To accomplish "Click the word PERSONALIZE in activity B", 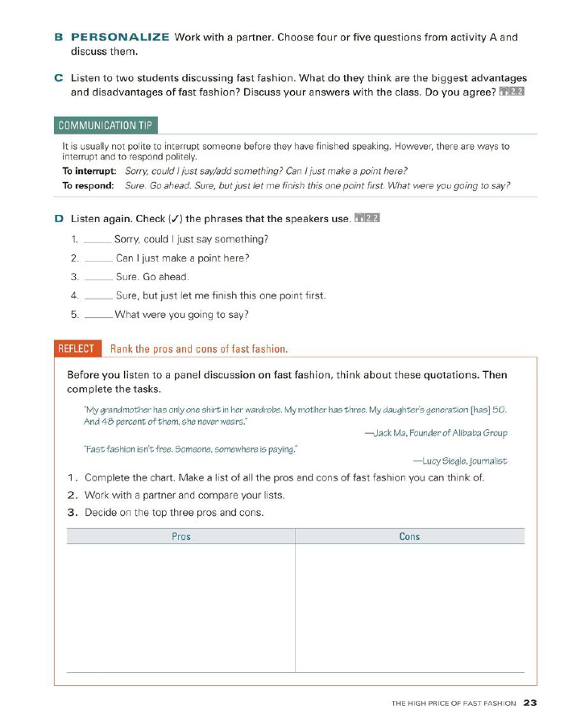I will (x=120, y=37).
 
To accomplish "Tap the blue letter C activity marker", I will (x=59, y=77).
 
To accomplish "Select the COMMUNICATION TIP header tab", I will (x=106, y=125).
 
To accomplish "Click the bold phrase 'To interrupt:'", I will (x=89, y=171).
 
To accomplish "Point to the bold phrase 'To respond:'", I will (x=87, y=185).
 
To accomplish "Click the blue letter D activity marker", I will (x=59, y=219).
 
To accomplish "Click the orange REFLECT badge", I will (x=76, y=349).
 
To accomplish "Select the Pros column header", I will (x=181, y=536).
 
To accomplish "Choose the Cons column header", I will (x=409, y=536).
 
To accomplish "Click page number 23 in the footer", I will (x=529, y=703).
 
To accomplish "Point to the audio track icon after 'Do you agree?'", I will (x=512, y=91).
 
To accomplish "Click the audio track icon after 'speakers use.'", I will (x=367, y=219).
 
